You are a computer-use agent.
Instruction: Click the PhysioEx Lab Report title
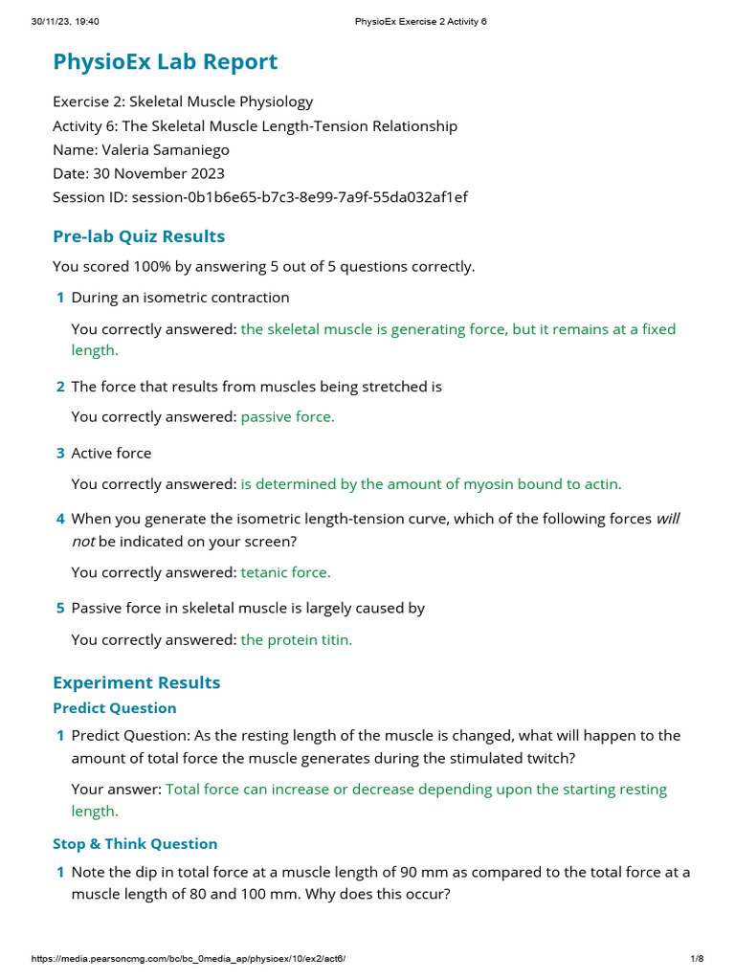(x=166, y=62)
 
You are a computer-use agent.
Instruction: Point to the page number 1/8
(x=697, y=958)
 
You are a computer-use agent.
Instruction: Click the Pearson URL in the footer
(x=189, y=958)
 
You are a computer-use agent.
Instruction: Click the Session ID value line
(x=259, y=197)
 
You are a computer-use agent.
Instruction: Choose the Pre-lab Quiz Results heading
(x=139, y=236)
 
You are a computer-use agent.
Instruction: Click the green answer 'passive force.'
(x=287, y=417)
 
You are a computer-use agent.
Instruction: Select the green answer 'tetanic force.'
(x=285, y=572)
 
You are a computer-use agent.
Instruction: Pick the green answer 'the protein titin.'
(x=296, y=640)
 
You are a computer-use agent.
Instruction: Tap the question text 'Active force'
(x=111, y=453)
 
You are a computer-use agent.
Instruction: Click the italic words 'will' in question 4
(x=667, y=519)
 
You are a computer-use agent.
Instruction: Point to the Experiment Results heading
(x=136, y=682)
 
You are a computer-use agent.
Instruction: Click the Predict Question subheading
(x=114, y=708)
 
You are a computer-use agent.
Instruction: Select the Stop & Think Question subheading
(x=135, y=844)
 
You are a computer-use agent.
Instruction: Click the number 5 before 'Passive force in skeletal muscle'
(x=60, y=608)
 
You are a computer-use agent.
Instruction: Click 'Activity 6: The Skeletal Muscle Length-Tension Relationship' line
(x=255, y=126)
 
